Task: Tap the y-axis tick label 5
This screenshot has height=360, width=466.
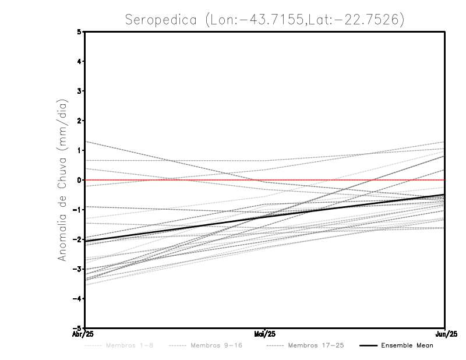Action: [x=79, y=31]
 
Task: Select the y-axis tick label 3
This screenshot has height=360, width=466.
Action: [x=79, y=91]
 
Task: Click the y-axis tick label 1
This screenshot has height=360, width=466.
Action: [x=79, y=150]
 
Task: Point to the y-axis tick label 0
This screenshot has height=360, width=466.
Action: [x=79, y=180]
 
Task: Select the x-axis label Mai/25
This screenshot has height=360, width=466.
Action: [x=265, y=334]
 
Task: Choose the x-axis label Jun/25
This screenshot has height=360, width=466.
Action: [x=445, y=334]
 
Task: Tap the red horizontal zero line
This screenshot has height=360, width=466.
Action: [x=349, y=180]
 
